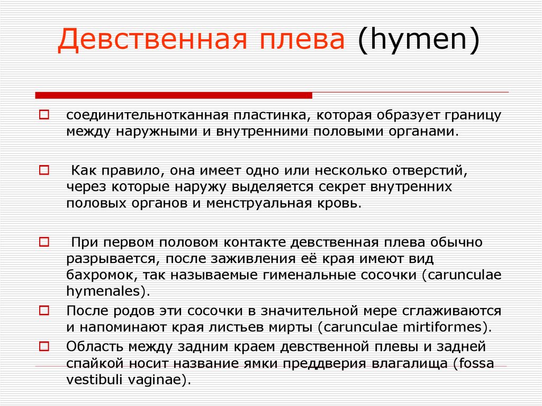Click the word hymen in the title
pos(418,39)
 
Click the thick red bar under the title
pos(174,95)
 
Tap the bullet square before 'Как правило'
pos(44,170)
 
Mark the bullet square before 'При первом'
pos(44,242)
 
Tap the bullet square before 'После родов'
pos(44,310)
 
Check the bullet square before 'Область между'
pos(44,346)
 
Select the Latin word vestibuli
pos(95,380)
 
